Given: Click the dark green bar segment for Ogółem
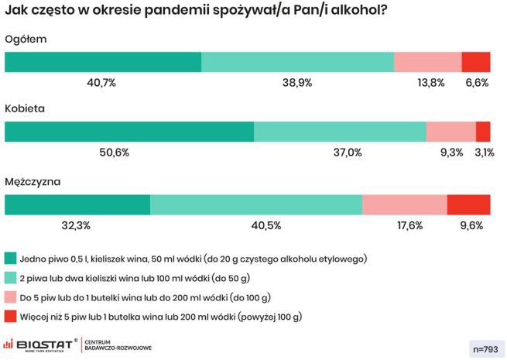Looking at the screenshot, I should pos(103,63).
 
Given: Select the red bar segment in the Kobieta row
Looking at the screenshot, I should pos(483,132).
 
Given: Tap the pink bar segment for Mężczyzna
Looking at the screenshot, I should pos(404,204).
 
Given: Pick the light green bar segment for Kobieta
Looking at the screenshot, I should pos(340,132).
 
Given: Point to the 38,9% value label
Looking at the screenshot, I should pos(298,83).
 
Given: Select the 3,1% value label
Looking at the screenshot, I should pos(485,153).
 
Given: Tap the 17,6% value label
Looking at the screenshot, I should pos(409,225).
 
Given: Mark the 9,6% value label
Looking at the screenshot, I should pos(471,225).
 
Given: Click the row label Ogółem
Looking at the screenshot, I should pos(26,39).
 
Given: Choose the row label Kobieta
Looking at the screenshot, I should pos(26,108).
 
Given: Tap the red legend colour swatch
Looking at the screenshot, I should pos(11,317).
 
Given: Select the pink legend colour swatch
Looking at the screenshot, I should pos(11,297).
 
